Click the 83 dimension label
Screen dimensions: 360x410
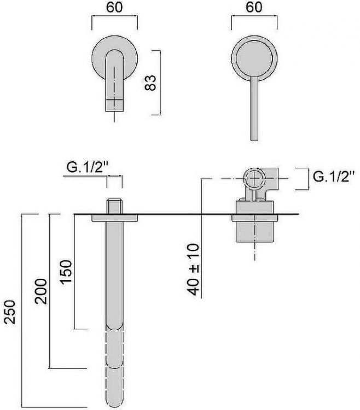click(150, 83)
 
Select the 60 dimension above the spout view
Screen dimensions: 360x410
click(114, 7)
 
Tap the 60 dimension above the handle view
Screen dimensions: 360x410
click(254, 7)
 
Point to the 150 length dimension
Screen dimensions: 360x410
click(66, 272)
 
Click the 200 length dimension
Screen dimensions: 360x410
click(41, 291)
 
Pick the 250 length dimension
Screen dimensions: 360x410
click(10, 312)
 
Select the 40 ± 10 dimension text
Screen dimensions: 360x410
click(194, 270)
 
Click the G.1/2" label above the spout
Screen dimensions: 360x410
click(88, 167)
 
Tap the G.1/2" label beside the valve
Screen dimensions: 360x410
click(334, 177)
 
